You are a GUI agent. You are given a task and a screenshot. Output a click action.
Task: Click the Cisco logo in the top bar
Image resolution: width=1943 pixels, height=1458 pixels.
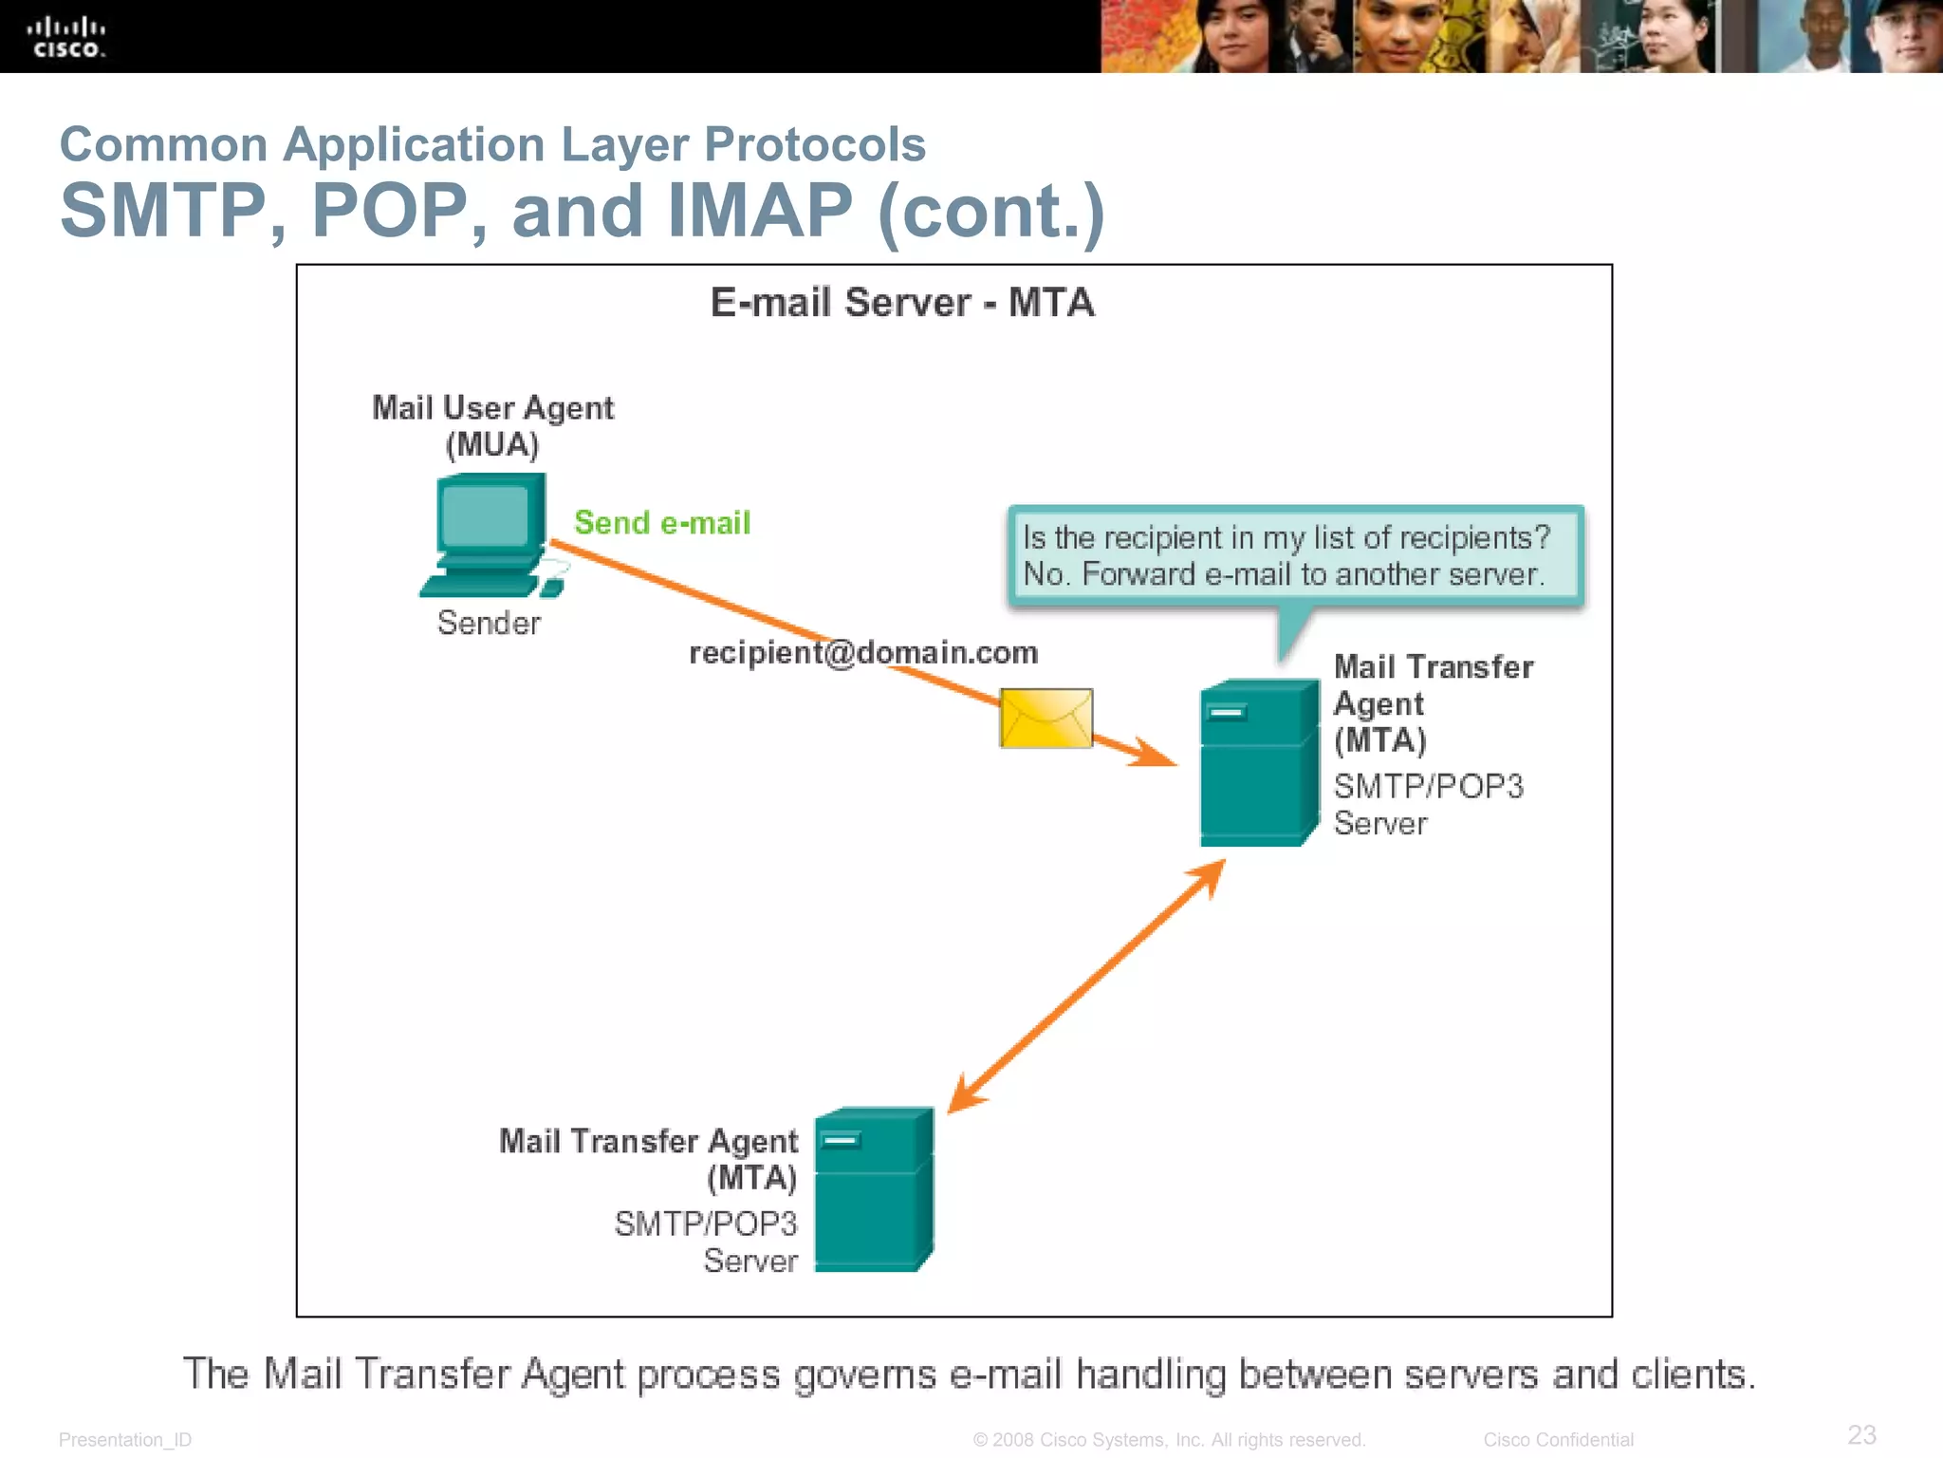[65, 38]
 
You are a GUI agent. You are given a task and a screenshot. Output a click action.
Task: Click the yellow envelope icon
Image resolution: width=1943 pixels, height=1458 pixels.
[1046, 719]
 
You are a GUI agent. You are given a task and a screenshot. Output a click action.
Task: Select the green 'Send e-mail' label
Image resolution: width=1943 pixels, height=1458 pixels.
[661, 523]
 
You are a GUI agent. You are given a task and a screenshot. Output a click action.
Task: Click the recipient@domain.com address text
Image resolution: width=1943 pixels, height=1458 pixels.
[862, 653]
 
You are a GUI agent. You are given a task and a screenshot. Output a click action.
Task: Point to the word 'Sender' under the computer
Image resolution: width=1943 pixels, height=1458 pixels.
[489, 624]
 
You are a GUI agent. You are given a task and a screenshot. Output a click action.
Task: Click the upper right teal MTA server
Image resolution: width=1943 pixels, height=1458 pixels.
[1258, 763]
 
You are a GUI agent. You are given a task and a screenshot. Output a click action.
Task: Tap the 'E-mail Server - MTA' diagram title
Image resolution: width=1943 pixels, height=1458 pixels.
[902, 304]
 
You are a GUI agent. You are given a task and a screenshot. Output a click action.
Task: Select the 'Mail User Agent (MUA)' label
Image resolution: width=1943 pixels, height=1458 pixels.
[492, 426]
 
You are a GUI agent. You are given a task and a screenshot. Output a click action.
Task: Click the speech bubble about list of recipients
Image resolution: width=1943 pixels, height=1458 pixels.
[1295, 556]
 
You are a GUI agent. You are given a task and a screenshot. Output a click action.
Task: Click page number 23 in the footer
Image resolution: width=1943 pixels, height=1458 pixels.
[1861, 1434]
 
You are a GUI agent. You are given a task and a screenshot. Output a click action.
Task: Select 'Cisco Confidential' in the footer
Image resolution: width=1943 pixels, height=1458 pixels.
[1558, 1440]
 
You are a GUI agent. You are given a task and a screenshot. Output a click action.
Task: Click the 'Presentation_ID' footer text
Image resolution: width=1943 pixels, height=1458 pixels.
[125, 1440]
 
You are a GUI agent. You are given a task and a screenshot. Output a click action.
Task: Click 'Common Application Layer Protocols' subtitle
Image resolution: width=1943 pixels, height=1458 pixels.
[492, 145]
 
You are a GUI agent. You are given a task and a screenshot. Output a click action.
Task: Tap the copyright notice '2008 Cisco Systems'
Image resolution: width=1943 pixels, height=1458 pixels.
[1169, 1440]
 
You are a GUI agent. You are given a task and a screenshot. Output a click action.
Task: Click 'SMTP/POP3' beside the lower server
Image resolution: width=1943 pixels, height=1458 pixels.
[706, 1224]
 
